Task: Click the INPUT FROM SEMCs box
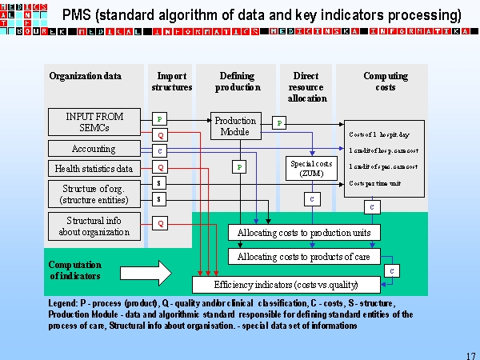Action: tap(94, 122)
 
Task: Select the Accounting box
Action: tap(94, 149)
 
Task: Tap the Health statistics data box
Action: tap(94, 169)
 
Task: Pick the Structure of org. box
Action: tap(94, 194)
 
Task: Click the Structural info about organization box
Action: tap(94, 226)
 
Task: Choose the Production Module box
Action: tap(235, 126)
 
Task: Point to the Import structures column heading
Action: tap(171, 82)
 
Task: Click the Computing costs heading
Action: tap(385, 82)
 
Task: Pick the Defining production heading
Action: tap(237, 82)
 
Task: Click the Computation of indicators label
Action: tap(75, 270)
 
